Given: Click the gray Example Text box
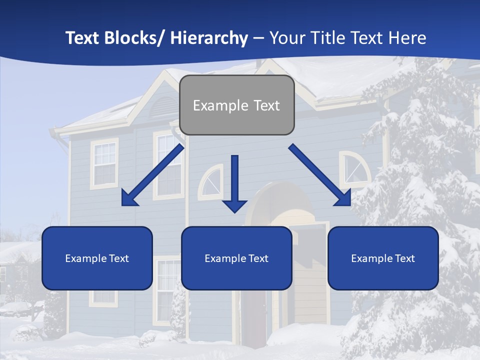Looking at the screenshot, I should coord(236,105).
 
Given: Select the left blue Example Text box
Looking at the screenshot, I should coord(97,258).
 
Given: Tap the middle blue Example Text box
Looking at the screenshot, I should coord(236,258).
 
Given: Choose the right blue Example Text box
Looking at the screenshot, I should coord(383,258).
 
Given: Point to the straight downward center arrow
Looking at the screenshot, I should coord(234,183).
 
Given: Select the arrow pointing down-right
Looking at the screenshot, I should coord(320,175).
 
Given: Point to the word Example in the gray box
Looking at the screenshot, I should coord(220,105).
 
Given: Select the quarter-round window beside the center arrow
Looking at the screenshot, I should coord(211,182).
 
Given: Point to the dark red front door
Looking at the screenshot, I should coord(253,315).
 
